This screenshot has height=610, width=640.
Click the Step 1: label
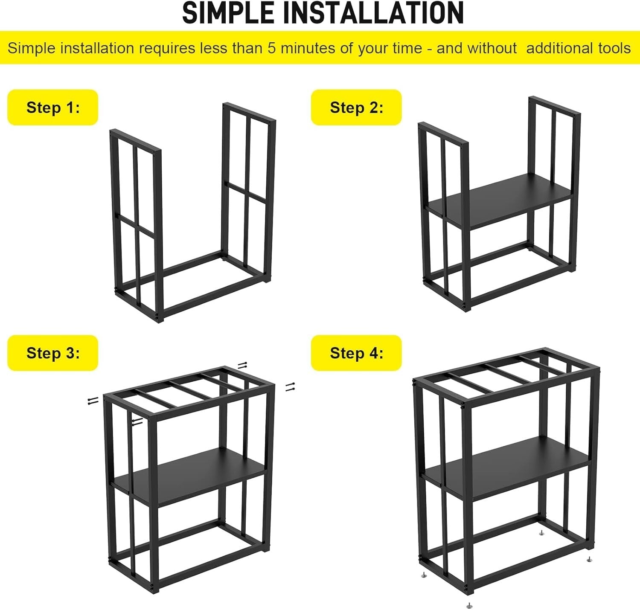53,107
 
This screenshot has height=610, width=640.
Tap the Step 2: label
356,107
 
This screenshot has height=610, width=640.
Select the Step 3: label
53,353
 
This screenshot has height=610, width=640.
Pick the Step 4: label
356,353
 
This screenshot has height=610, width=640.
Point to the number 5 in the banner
272,48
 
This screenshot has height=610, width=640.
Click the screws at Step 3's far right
290,386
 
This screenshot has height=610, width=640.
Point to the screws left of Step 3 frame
93,400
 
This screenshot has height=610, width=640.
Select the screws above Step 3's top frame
242,365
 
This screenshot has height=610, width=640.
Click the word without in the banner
492,48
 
